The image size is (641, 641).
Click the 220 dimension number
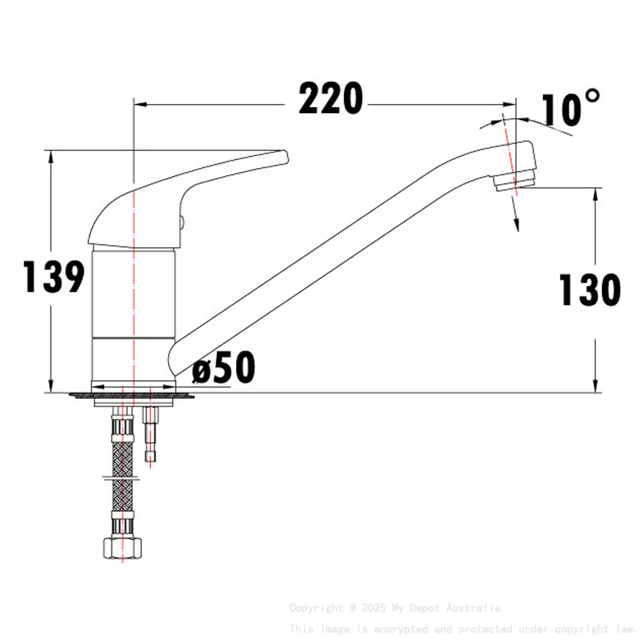coord(330,99)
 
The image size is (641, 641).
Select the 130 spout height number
coord(589,290)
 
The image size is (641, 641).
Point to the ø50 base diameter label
coord(224,368)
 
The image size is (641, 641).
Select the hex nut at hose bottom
coord(122,547)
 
